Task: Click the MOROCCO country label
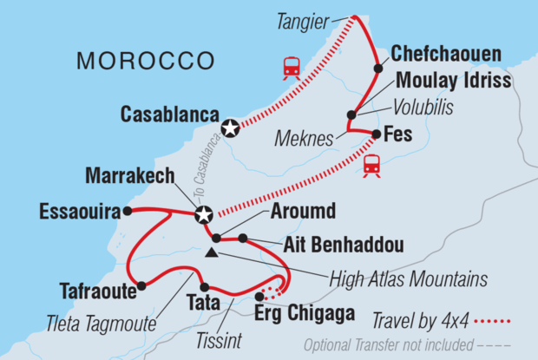[145, 61]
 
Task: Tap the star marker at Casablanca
[230, 128]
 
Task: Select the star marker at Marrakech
[203, 214]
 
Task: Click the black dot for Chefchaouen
[378, 69]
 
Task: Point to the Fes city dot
[377, 134]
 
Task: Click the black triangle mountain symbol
[212, 253]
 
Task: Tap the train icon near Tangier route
[292, 67]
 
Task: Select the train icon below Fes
[371, 164]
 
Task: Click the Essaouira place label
[77, 210]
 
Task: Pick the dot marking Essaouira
[127, 210]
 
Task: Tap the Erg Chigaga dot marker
[259, 296]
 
